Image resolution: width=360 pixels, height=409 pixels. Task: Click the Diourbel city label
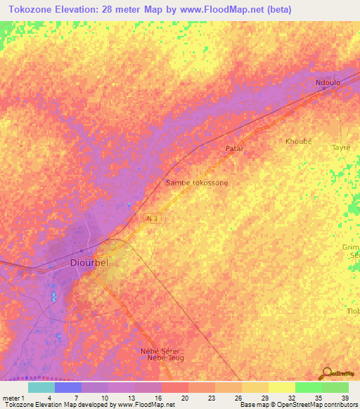click(x=89, y=263)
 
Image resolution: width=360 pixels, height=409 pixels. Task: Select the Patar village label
click(x=234, y=149)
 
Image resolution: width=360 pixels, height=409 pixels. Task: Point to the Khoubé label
click(x=299, y=141)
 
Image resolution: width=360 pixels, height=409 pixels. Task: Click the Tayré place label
click(x=340, y=148)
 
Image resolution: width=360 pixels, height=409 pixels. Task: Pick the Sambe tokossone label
click(x=197, y=183)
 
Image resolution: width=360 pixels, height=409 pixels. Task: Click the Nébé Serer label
click(x=161, y=351)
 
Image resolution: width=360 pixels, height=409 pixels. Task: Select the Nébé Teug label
click(x=165, y=358)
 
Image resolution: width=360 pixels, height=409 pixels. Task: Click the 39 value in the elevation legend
click(x=345, y=398)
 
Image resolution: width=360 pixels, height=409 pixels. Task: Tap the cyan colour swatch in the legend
click(x=41, y=387)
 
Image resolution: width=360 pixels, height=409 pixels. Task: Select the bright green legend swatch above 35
click(x=308, y=387)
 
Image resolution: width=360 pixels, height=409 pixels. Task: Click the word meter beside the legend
click(x=11, y=398)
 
